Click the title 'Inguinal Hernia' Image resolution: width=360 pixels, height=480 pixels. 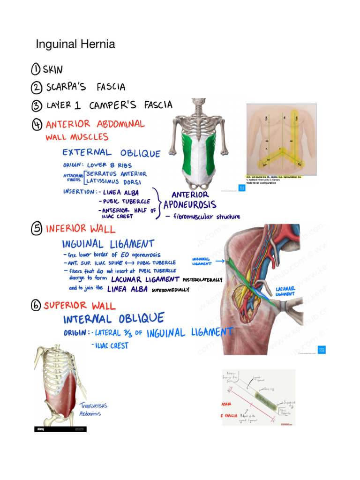[75, 45]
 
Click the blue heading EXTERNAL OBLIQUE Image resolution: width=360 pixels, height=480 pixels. [112, 153]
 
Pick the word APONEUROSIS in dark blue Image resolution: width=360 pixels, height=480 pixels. [190, 205]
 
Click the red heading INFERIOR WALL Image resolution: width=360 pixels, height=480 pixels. [79, 229]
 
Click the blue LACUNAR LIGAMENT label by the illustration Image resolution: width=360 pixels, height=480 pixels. [285, 291]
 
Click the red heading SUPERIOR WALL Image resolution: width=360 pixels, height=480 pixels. [79, 306]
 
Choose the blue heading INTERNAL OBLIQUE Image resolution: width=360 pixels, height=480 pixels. [113, 319]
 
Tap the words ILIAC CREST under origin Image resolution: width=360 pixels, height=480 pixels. [112, 346]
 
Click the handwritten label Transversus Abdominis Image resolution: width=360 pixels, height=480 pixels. [94, 409]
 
